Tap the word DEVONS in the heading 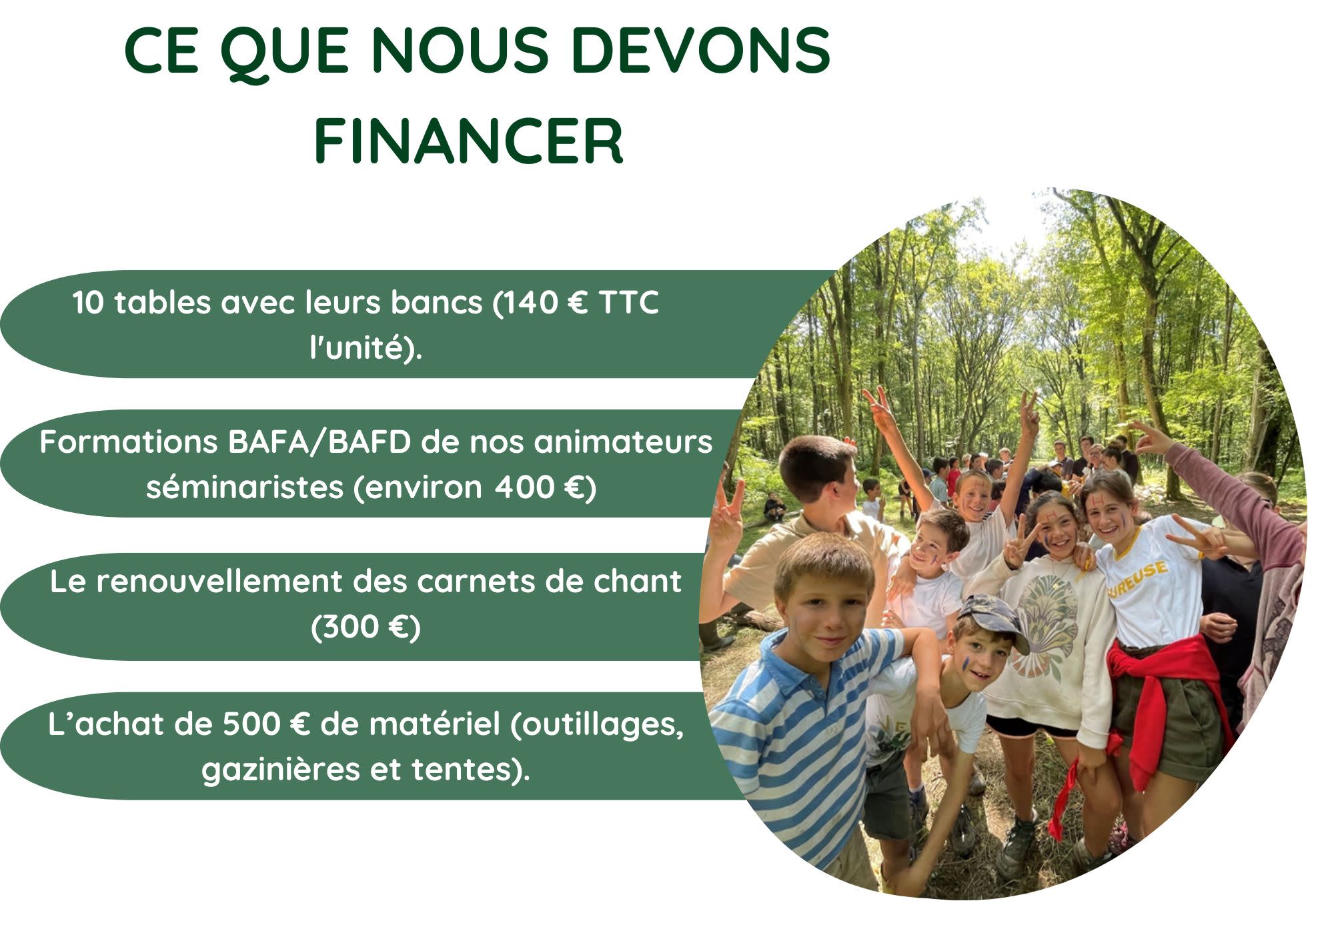(x=700, y=50)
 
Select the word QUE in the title (x=285, y=53)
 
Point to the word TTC (x=629, y=303)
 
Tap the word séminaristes (x=244, y=487)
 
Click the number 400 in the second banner (x=524, y=488)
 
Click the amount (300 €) (x=366, y=628)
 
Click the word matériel (x=434, y=724)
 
